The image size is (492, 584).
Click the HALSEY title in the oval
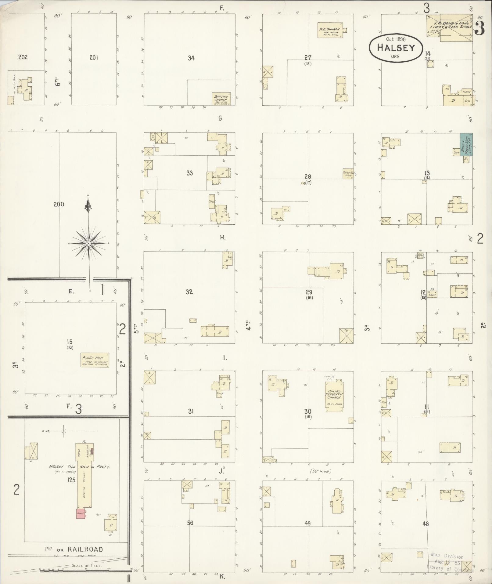click(396, 48)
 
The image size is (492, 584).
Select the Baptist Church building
click(221, 99)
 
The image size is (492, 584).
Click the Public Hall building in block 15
click(95, 360)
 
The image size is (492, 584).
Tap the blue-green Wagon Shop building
click(466, 144)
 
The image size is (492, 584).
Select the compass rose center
click(88, 243)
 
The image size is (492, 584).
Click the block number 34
click(191, 58)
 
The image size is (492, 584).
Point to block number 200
click(59, 204)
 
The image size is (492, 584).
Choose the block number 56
click(190, 523)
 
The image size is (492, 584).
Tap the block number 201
click(94, 57)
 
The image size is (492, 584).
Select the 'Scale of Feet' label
click(87, 565)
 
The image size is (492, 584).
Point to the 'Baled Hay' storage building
click(348, 174)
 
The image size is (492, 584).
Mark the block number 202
click(23, 57)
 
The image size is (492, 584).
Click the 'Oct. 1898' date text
click(396, 39)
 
